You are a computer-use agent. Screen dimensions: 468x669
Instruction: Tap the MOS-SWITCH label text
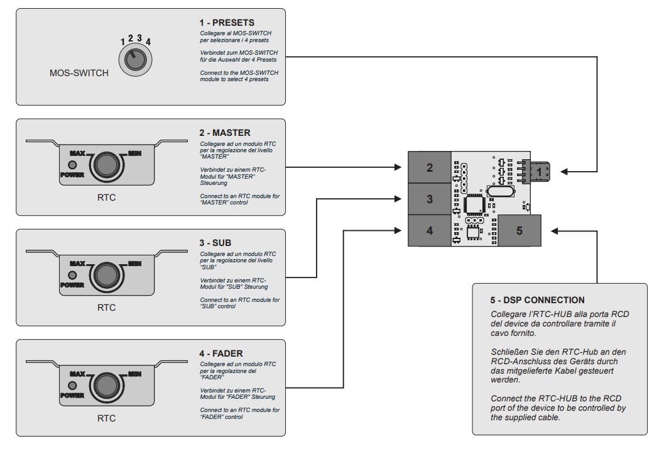79,73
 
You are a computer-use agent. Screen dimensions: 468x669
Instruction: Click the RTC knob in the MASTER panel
106,164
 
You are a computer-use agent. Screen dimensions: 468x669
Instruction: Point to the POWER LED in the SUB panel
72,276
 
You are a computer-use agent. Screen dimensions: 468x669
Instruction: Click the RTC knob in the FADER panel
106,385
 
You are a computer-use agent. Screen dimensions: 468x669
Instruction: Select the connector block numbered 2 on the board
429,167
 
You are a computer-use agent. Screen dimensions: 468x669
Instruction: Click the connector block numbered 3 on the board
429,199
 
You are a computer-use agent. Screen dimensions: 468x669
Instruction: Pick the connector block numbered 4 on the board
429,230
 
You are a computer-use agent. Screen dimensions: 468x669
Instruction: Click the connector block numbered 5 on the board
519,230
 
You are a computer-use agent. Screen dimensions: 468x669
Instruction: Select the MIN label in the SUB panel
134,264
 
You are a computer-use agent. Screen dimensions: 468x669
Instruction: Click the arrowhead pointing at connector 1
564,171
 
